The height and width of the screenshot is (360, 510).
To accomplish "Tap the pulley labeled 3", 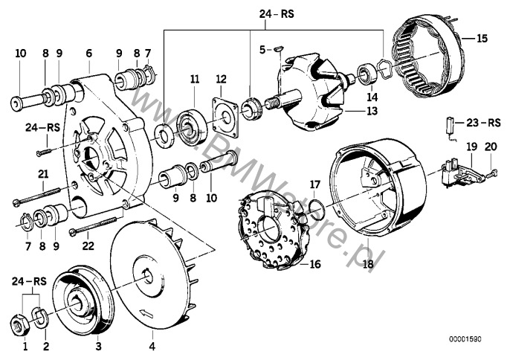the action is point(83,300).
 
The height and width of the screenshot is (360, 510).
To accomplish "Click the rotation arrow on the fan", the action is point(146,313).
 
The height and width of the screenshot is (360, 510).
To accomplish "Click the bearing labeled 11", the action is point(192,128).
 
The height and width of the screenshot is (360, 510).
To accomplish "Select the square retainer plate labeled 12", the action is point(225,116).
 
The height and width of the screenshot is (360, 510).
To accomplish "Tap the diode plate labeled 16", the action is point(273,232).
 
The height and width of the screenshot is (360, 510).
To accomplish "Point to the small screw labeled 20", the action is point(491,173).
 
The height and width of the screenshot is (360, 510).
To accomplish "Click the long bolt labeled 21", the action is point(36,196).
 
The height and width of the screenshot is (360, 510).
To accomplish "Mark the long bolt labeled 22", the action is point(94,225).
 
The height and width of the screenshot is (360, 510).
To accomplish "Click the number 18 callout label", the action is point(369,263).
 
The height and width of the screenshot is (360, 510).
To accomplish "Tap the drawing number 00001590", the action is point(465,339).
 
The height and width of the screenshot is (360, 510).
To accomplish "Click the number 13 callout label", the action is point(372,111).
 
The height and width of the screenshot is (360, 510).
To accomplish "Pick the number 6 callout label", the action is point(88,53).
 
